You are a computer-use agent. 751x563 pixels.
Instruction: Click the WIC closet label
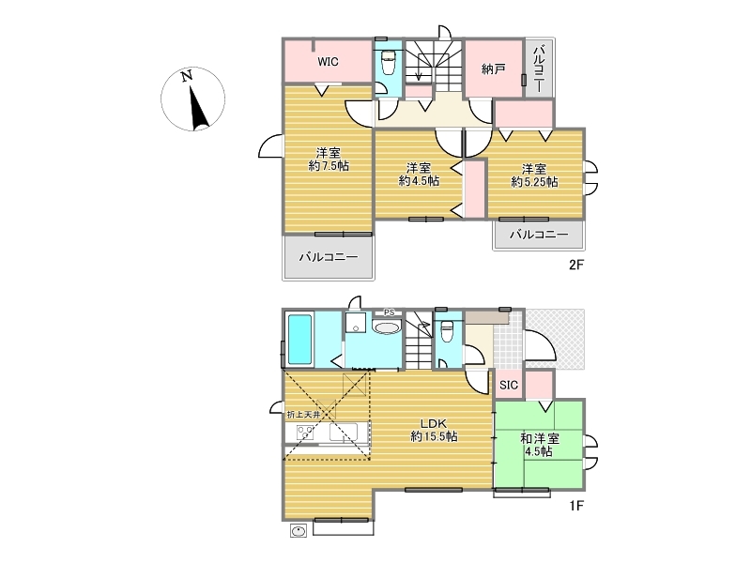328,62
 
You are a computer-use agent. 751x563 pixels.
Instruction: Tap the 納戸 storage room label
494,69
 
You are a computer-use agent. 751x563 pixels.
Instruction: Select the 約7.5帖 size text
329,166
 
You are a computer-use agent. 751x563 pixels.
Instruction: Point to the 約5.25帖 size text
534,182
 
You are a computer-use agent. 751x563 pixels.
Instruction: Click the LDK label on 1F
434,423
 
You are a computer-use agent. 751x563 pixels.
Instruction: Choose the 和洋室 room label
540,438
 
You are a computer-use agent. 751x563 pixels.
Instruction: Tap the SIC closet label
509,385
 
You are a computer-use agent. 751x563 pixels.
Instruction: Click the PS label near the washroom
390,312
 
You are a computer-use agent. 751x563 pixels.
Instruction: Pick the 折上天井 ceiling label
303,415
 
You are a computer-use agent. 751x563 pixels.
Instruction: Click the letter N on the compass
187,76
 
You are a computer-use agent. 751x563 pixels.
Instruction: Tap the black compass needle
199,108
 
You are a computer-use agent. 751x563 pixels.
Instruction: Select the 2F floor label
576,265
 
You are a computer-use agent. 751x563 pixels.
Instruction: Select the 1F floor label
576,505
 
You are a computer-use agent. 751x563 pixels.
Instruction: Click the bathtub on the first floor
299,339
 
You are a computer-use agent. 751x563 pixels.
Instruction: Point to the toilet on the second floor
388,63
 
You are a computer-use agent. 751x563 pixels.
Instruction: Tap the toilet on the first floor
447,331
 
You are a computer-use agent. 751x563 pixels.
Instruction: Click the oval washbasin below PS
387,327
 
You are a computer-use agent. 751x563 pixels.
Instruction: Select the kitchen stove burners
305,433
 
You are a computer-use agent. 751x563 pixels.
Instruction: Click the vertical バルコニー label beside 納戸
539,68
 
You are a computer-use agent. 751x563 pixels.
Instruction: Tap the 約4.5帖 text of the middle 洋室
419,181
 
